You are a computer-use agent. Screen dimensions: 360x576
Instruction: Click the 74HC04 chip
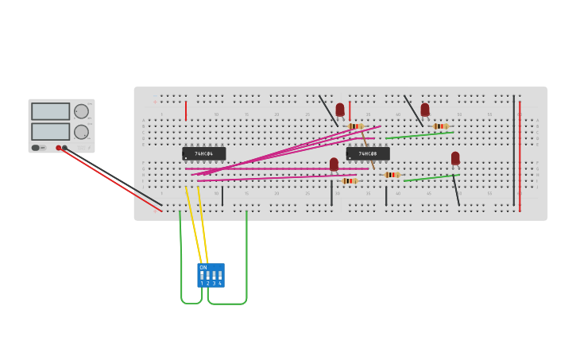click(203, 153)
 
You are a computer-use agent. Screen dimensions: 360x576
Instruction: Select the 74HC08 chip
click(368, 153)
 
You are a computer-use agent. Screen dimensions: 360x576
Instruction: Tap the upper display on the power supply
click(51, 111)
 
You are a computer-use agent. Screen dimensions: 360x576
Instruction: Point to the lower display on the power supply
click(51, 131)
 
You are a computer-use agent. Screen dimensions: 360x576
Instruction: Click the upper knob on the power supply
click(81, 111)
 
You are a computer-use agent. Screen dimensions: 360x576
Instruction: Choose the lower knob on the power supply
click(81, 132)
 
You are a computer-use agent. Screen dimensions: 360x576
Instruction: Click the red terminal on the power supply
click(59, 148)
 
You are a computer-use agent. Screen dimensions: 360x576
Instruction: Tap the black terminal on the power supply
click(65, 148)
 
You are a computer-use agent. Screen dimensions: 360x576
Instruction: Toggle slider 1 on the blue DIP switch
click(202, 275)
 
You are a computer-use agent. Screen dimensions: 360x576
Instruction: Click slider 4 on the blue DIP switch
click(220, 275)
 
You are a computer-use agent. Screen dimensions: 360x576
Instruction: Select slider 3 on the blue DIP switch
click(214, 275)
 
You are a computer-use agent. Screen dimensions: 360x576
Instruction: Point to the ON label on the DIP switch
click(203, 267)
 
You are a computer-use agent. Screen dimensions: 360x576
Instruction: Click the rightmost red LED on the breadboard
click(455, 158)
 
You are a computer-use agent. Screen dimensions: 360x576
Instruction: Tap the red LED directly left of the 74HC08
click(334, 164)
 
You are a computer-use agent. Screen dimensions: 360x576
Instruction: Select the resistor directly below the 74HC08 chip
click(391, 175)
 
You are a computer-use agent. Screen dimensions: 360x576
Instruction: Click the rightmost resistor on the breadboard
click(440, 126)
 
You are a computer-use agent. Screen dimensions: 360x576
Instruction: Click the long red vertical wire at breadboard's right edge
click(520, 156)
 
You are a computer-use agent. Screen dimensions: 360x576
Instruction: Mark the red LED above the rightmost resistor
click(425, 109)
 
